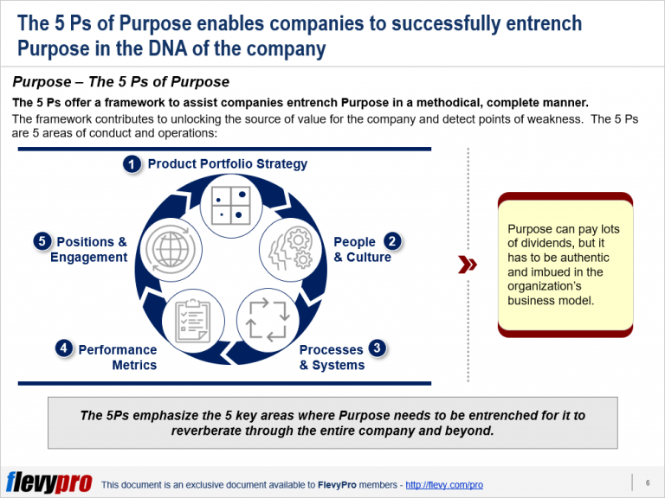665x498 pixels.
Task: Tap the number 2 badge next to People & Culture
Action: pyautogui.click(x=392, y=241)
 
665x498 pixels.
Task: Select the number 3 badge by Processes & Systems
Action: pyautogui.click(x=378, y=348)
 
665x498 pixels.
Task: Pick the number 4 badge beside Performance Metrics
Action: pyautogui.click(x=63, y=348)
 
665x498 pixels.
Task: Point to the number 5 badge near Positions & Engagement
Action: pyautogui.click(x=42, y=241)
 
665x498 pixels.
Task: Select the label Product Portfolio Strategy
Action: pyautogui.click(x=227, y=164)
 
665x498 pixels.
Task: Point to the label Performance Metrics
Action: pyautogui.click(x=118, y=357)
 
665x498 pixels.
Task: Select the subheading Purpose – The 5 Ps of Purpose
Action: pyautogui.click(x=120, y=82)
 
